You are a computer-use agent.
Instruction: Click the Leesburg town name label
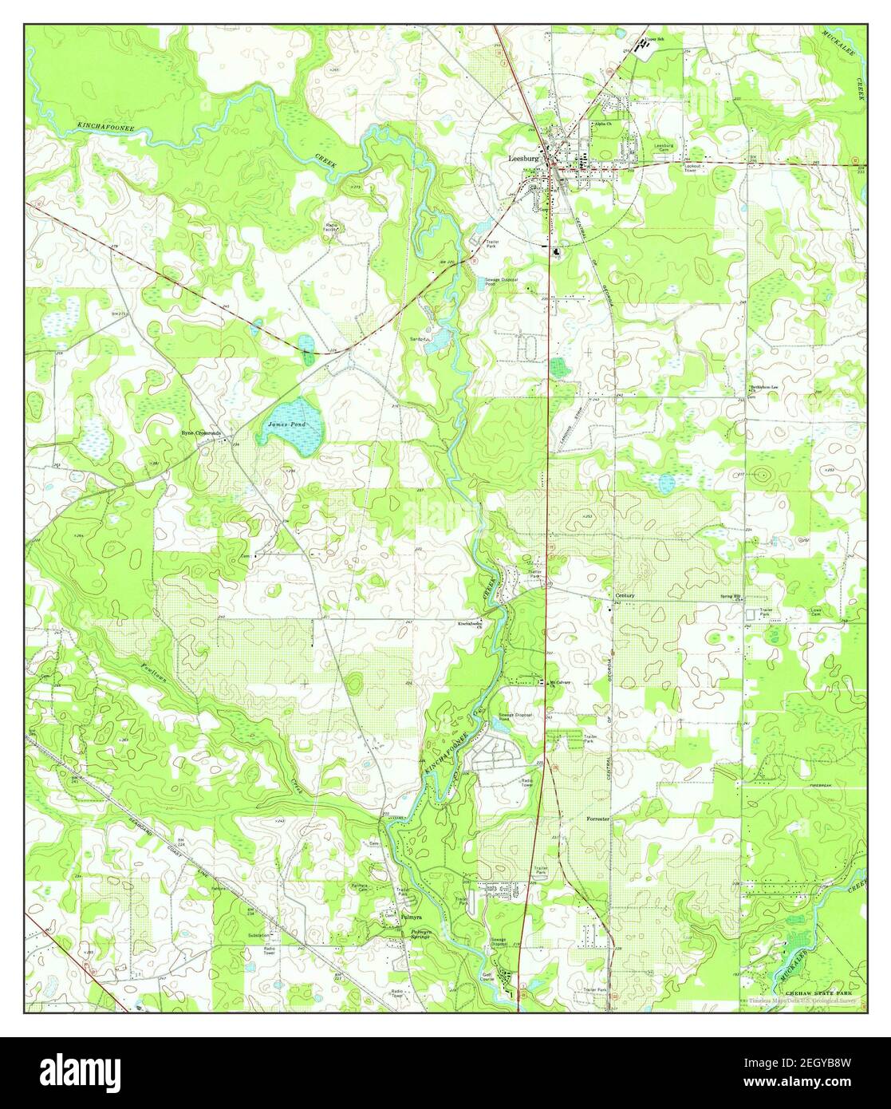coord(523,158)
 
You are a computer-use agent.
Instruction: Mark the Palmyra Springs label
coord(420,933)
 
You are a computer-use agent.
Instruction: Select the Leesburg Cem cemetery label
coord(665,147)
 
